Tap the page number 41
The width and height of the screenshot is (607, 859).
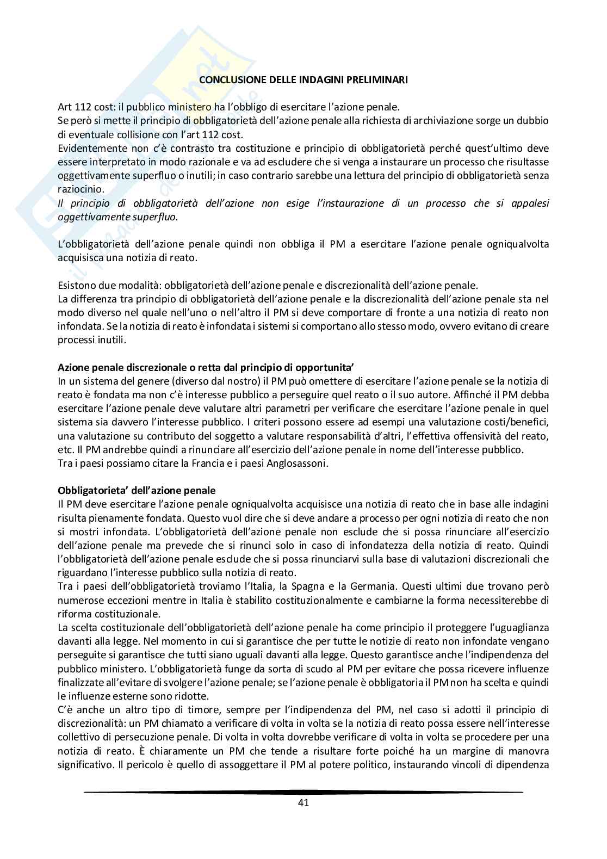click(303, 802)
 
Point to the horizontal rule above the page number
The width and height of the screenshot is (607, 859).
click(303, 792)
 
